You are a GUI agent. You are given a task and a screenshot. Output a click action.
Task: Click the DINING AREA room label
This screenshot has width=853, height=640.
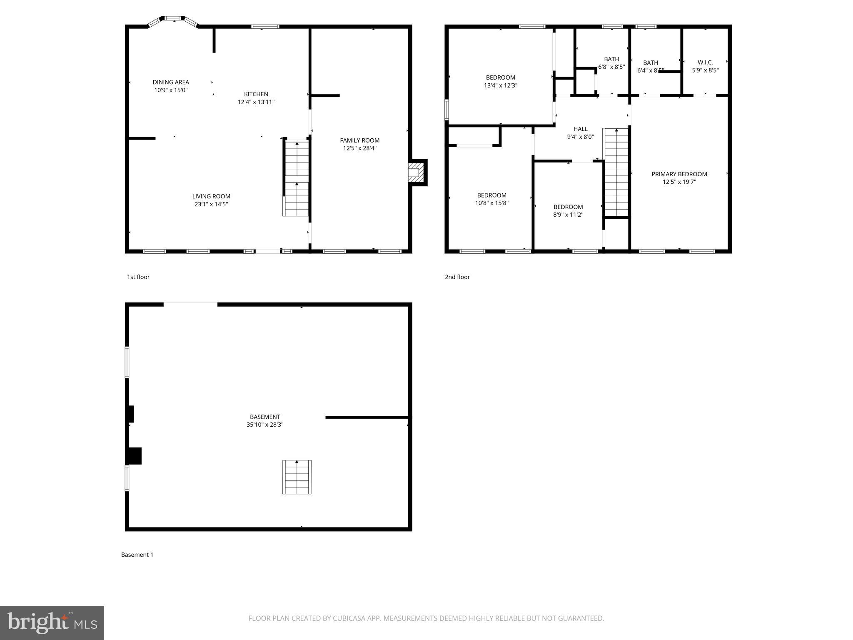coord(171,82)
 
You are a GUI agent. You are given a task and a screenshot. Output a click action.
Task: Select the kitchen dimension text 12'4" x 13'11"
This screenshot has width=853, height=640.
coord(256,102)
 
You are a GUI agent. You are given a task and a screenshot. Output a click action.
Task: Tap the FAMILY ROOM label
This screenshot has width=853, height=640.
coord(359,140)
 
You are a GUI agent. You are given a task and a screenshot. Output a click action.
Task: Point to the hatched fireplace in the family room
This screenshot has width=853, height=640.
coord(415,172)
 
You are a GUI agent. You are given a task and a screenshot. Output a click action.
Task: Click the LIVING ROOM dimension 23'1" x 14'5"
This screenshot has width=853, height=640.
coord(211,204)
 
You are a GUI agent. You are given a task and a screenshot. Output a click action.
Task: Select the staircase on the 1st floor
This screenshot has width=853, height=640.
coord(297,178)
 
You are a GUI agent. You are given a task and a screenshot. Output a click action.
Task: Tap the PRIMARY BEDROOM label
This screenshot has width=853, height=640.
coord(679,174)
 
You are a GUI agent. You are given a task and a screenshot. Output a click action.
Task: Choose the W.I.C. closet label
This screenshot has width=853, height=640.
coord(705,62)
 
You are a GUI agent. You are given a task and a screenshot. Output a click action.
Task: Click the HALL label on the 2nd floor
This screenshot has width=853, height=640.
coord(580,129)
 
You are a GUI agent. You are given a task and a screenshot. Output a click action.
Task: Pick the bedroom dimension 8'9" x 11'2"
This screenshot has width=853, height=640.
coord(568,215)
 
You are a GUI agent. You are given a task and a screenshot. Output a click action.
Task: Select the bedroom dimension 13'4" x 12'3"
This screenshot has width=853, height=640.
coord(500,85)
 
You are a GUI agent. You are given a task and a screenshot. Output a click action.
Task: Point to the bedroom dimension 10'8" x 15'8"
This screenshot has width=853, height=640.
coord(491,203)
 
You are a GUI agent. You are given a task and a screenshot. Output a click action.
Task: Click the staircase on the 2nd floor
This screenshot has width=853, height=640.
coord(616,172)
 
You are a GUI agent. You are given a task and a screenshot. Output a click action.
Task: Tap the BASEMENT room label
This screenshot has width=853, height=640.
coord(265,417)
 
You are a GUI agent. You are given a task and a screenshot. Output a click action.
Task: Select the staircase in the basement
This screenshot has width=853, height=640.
coord(297,477)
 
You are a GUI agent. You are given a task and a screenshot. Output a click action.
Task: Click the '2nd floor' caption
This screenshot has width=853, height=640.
coord(457,277)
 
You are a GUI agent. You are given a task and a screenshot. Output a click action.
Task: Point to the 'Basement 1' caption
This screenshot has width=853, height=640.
coord(137,555)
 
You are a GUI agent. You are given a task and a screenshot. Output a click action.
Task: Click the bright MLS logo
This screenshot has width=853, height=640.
coord(52,623)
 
